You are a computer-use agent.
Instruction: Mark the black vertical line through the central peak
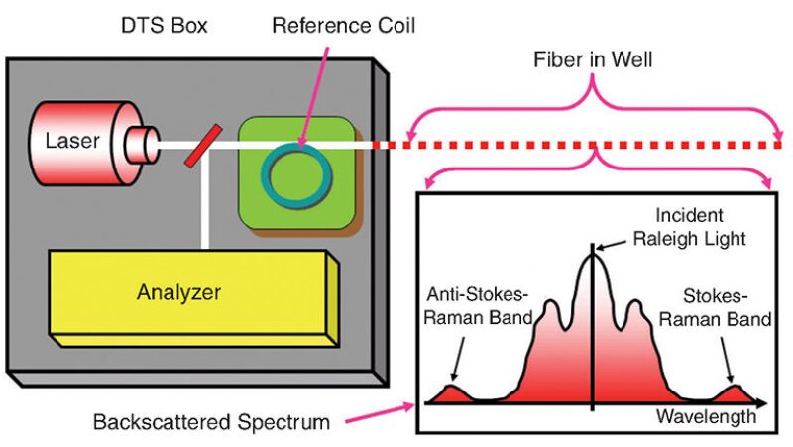(593, 327)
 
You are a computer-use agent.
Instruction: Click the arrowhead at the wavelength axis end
(762, 403)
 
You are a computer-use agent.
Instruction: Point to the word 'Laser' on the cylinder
(72, 140)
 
